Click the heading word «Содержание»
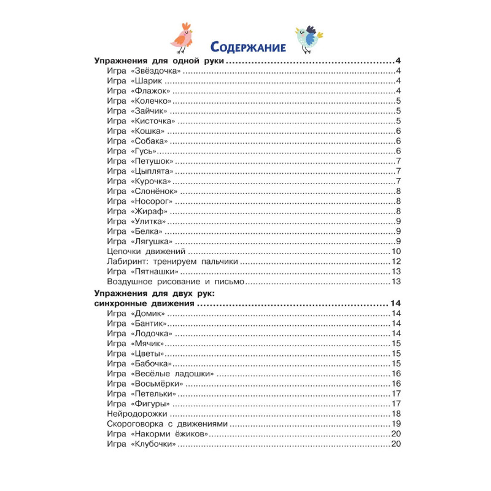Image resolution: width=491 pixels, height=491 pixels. tap(247, 46)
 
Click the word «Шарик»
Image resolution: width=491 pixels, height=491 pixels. tap(145, 82)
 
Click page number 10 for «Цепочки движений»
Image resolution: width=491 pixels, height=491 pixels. tap(396, 252)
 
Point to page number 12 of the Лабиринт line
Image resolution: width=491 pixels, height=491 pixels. tap(396, 261)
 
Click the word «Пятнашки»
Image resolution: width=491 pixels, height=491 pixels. tap(154, 271)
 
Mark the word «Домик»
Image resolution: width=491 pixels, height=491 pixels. tap(147, 314)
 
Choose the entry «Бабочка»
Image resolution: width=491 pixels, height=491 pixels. tap(150, 363)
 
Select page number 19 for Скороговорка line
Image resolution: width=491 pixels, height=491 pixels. tap(396, 423)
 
